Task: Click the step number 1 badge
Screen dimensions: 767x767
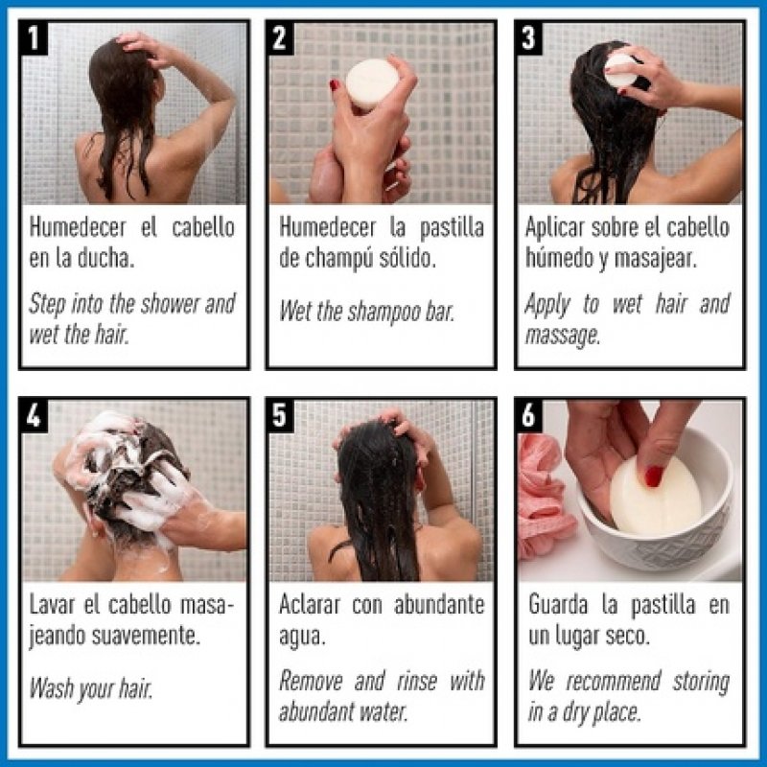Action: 35,38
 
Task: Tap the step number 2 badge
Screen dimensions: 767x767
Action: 281,38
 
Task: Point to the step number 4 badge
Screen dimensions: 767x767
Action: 35,416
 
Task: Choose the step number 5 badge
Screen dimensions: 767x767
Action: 281,416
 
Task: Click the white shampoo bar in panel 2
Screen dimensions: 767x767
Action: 372,83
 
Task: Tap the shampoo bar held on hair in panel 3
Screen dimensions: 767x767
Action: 620,68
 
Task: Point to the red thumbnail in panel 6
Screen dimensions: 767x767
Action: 655,476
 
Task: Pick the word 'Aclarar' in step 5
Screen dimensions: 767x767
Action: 311,605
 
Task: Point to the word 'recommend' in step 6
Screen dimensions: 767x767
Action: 613,682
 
